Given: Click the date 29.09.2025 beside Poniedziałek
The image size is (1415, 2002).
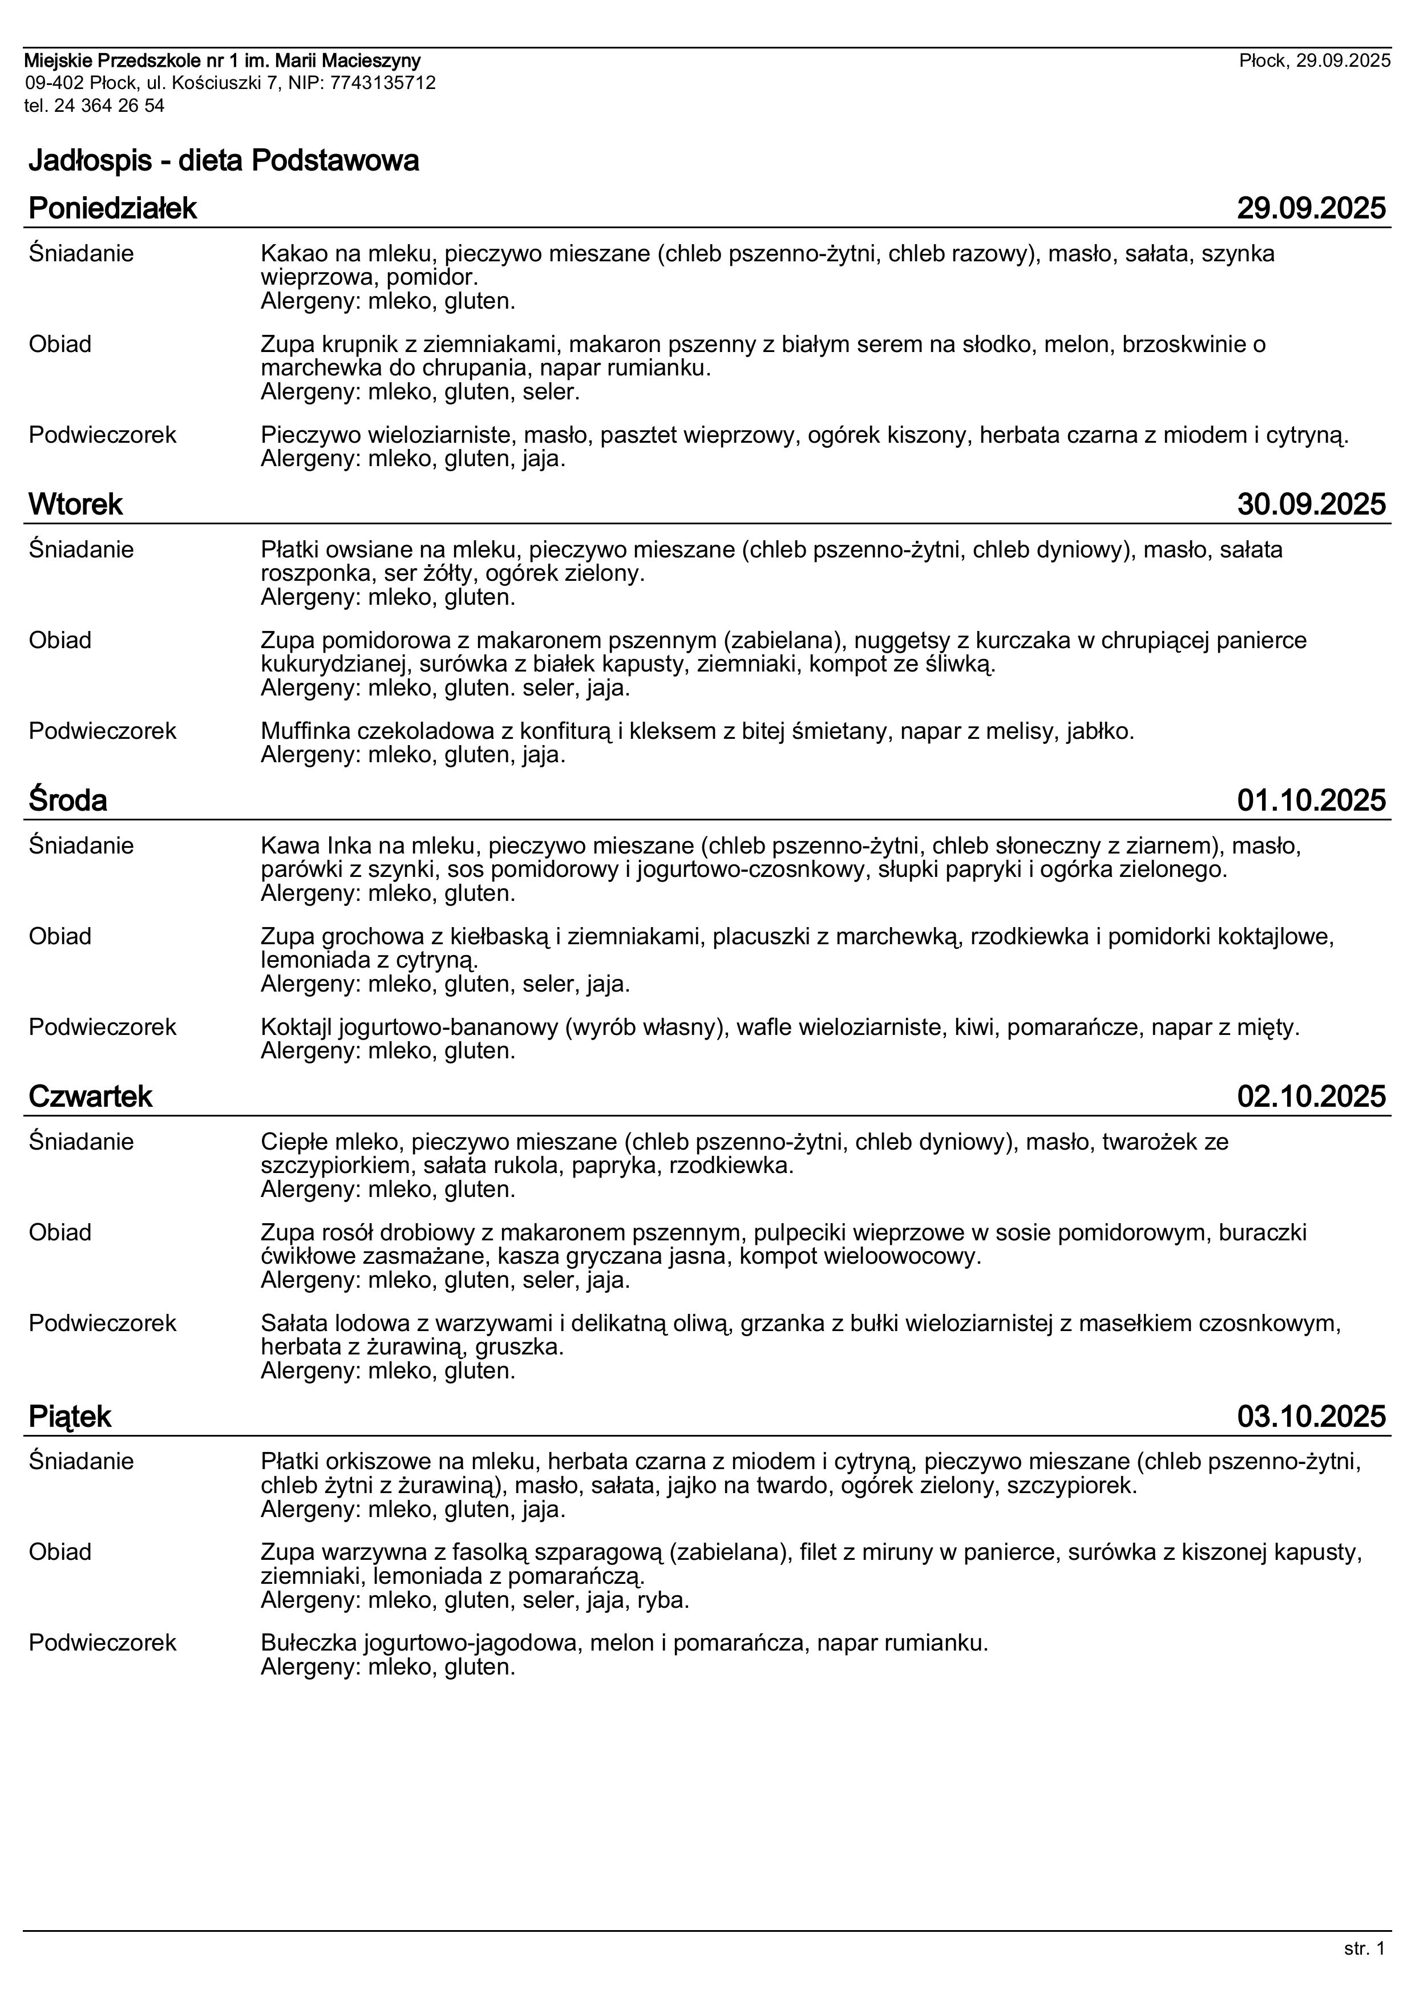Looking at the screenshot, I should [x=1311, y=208].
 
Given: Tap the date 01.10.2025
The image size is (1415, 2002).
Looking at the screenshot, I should [x=1311, y=800].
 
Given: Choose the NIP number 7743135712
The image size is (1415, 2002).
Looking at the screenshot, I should [x=383, y=83].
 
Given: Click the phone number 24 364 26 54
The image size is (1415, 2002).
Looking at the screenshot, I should [x=109, y=106].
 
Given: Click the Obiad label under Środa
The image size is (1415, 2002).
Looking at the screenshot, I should [x=60, y=936].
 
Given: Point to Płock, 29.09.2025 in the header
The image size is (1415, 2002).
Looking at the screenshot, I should [x=1315, y=60].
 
